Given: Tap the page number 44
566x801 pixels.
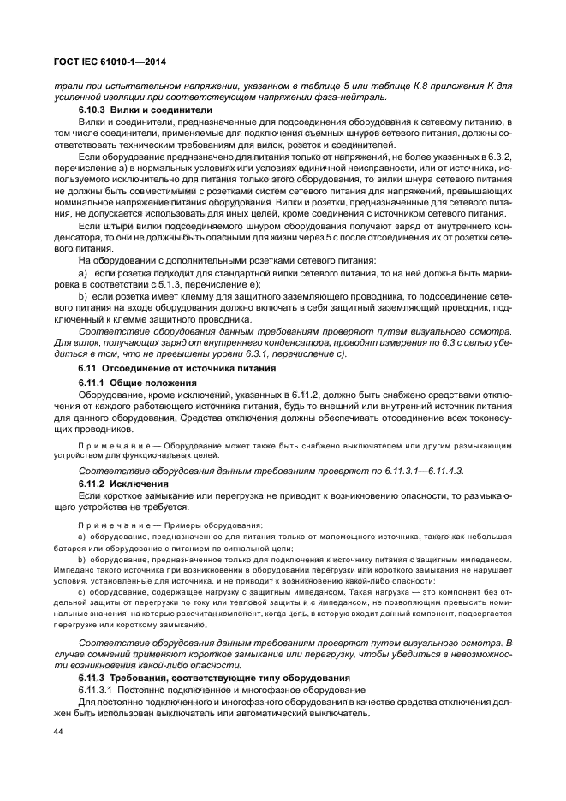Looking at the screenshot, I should click(59, 732).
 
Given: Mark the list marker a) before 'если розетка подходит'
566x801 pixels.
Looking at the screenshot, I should click(84, 271).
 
